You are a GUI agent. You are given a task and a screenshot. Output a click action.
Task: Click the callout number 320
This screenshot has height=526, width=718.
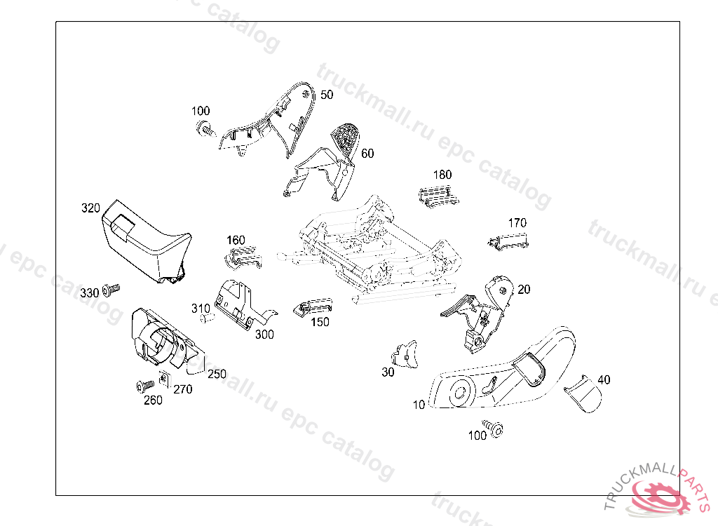click(91, 208)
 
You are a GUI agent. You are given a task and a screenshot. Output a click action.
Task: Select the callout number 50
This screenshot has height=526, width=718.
click(327, 95)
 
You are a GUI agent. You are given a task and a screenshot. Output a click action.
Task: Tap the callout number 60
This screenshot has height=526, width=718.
click(367, 153)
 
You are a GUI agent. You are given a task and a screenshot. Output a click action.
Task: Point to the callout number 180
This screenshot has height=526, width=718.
click(442, 175)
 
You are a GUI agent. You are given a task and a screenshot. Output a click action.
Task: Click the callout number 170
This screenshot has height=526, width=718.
click(517, 223)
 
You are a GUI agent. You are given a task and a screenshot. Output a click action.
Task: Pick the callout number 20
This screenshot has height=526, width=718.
click(524, 289)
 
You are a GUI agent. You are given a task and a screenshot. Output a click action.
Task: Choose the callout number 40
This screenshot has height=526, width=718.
click(604, 379)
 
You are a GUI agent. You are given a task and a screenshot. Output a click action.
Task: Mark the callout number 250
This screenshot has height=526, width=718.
click(217, 375)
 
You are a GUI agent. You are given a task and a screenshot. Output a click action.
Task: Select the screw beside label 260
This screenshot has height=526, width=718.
click(145, 385)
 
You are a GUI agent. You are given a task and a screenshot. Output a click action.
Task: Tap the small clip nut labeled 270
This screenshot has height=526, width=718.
click(164, 379)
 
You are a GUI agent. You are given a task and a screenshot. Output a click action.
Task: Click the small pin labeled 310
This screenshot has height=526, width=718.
click(206, 319)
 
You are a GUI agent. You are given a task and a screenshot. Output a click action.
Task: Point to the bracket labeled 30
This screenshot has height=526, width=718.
click(406, 354)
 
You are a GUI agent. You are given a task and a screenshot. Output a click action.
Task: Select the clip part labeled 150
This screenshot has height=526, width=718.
click(315, 306)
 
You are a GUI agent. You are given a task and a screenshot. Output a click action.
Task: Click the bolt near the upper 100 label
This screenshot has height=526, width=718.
click(205, 129)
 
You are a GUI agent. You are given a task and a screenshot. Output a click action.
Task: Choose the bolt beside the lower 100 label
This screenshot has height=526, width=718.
click(497, 429)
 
